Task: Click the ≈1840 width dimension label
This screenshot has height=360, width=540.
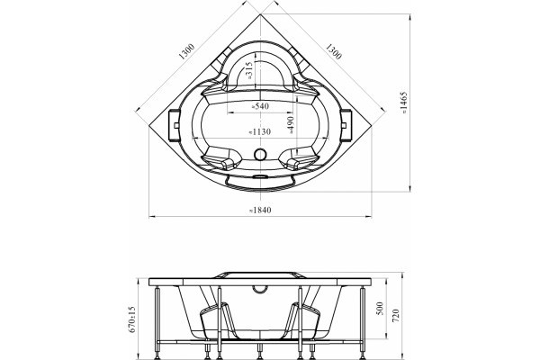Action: (x=260, y=210)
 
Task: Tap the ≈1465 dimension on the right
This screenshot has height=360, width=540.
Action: (x=404, y=103)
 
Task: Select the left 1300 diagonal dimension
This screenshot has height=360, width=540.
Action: (x=187, y=51)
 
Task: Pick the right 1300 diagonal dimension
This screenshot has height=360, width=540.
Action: (x=333, y=51)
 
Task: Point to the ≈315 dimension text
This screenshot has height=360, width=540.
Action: (x=249, y=70)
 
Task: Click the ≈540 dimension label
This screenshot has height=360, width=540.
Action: (x=260, y=106)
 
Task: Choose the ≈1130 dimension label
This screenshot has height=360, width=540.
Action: (x=260, y=131)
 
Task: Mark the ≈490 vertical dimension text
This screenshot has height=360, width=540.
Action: (x=290, y=125)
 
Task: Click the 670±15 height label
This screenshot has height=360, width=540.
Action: (x=133, y=319)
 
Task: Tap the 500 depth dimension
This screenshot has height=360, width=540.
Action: (x=380, y=309)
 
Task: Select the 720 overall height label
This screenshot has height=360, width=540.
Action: (x=396, y=316)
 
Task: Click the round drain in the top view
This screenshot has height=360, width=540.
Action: (x=260, y=154)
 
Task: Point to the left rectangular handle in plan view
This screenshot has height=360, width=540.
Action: (x=174, y=125)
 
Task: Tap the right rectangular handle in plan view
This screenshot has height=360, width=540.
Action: (x=346, y=125)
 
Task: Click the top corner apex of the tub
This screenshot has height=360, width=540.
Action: (x=260, y=14)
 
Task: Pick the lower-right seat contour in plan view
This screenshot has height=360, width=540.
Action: (x=300, y=158)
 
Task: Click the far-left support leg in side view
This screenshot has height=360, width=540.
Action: (x=157, y=322)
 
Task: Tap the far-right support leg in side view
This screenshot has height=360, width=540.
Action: (x=363, y=322)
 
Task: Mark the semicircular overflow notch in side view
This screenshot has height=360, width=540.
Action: (x=260, y=291)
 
